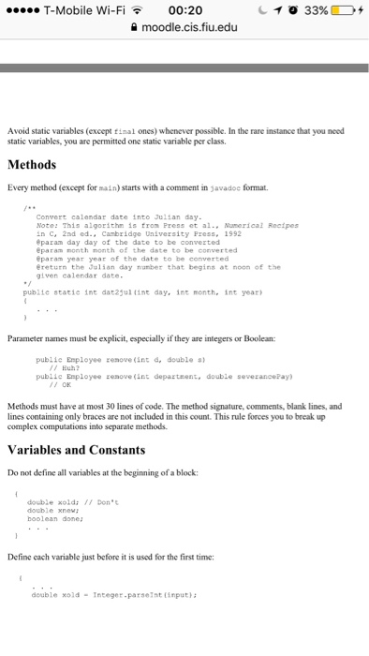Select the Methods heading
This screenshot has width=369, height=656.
pos(32,165)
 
